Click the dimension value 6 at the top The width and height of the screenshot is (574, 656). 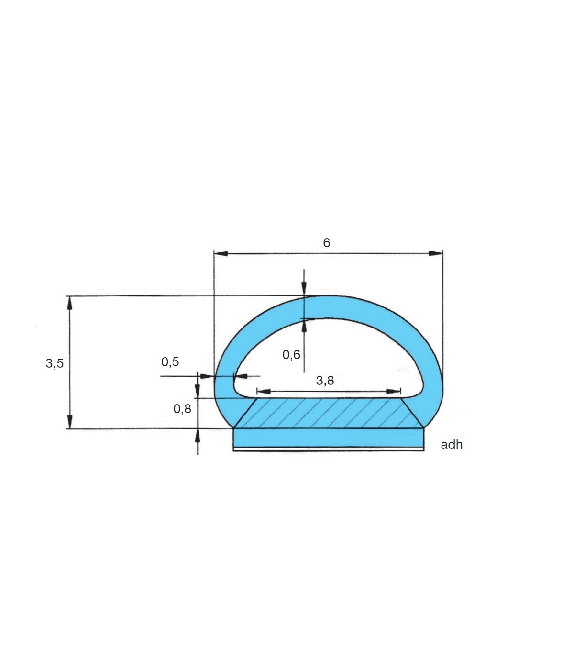[326, 243]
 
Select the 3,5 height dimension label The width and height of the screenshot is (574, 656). [55, 363]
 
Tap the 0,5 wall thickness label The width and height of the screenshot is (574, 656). [170, 361]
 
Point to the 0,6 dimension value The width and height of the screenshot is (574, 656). [291, 354]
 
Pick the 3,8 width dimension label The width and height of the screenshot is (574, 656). [325, 380]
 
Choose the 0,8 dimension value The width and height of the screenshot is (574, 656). [182, 408]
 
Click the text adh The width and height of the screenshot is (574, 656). [452, 445]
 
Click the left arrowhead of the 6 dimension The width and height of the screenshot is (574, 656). [221, 254]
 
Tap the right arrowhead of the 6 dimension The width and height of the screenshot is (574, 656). [436, 253]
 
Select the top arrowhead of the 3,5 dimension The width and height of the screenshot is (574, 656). [69, 303]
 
